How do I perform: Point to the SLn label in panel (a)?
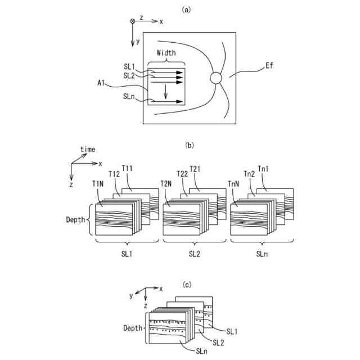129,96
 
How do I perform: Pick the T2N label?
166,183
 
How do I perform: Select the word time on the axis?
87,149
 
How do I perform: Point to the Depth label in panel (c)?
134,328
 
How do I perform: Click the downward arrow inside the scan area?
165,92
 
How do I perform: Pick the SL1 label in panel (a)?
129,66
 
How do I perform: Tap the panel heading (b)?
189,145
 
